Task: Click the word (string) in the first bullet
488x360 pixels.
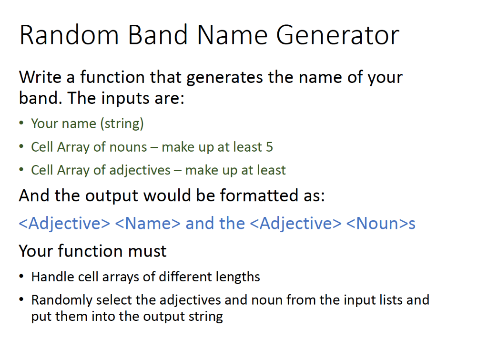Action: [x=122, y=124]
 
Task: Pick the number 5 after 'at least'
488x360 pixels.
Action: [x=269, y=147]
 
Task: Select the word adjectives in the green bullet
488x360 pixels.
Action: [x=140, y=170]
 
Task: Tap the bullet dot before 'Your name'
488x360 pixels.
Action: [x=21, y=124]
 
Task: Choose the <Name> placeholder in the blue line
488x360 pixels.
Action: [x=148, y=223]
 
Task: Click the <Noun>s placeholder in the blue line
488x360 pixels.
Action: [x=381, y=223]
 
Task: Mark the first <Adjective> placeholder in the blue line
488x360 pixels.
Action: [x=64, y=223]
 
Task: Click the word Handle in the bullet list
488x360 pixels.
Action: [x=51, y=277]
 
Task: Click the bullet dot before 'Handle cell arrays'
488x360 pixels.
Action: [x=21, y=277]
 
